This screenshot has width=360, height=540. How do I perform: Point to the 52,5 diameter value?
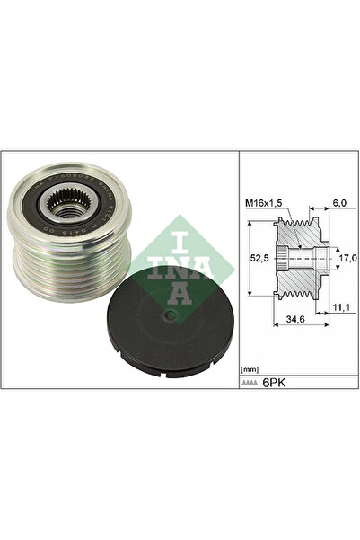point(256,257)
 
